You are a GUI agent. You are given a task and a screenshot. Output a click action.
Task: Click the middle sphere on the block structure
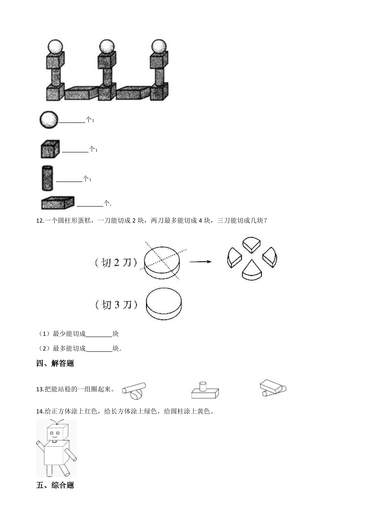tap(107, 47)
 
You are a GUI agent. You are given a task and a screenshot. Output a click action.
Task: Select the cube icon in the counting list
tap(50, 149)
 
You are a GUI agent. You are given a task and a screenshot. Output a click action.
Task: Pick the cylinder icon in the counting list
tap(47, 178)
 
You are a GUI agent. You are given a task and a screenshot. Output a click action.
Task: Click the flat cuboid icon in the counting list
tap(58, 203)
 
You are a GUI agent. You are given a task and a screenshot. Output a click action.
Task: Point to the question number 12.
tap(40, 221)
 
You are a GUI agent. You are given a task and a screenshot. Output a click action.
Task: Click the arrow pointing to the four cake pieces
tap(200, 262)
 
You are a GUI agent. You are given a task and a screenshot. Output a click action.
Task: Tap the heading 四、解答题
tap(55, 364)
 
